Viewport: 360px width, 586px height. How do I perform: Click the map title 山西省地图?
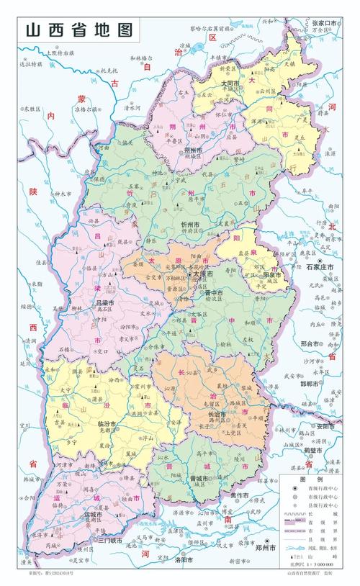coord(79,31)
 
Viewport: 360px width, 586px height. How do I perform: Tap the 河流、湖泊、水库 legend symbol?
coord(292,546)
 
